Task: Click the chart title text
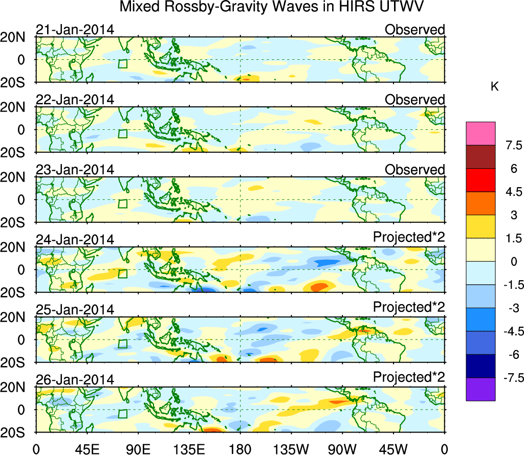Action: pos(272,8)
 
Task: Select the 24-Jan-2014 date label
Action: pos(75,240)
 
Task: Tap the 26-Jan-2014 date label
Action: pos(75,380)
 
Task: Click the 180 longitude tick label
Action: pos(240,449)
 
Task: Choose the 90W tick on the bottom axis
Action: pos(341,449)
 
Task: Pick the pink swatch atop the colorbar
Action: pos(481,133)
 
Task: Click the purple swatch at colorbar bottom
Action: pos(481,389)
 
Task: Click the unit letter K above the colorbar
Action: pos(494,87)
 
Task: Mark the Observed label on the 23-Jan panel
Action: pos(415,170)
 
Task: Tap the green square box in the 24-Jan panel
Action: pos(122,274)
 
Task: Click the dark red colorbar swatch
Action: pos(481,157)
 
